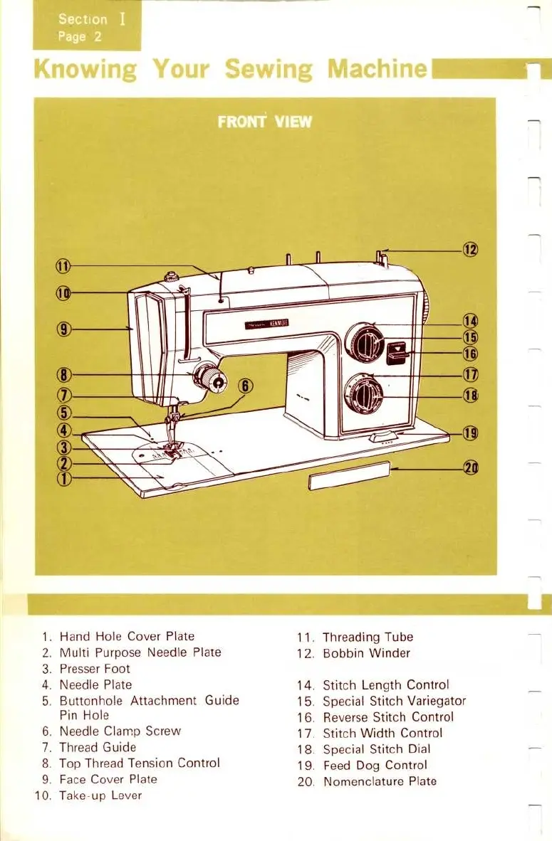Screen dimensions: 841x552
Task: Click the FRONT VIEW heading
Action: point(265,121)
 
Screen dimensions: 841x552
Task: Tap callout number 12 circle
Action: point(470,250)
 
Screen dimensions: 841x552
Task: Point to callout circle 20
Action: point(470,467)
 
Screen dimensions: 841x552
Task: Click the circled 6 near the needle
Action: point(246,386)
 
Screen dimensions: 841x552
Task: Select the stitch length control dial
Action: point(365,342)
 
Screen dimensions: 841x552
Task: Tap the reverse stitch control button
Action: point(397,350)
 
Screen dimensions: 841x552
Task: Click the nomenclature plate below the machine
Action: point(349,477)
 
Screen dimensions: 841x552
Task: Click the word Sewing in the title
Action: point(268,70)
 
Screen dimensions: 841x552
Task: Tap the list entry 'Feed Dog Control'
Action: point(375,766)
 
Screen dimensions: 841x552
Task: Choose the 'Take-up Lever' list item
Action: point(100,795)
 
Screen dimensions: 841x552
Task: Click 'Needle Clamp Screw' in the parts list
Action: point(120,731)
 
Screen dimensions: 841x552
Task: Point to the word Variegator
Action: point(436,701)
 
